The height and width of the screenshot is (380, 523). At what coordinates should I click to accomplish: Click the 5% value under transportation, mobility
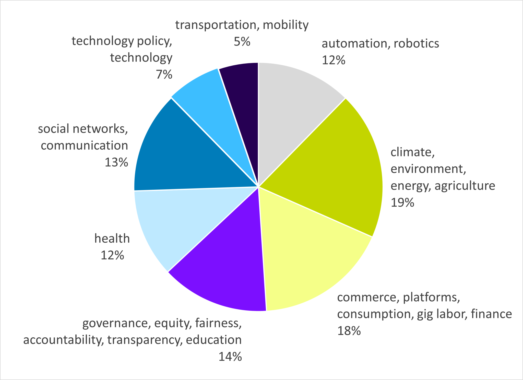[x=242, y=42]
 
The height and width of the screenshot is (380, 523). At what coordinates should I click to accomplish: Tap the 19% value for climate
[x=402, y=203]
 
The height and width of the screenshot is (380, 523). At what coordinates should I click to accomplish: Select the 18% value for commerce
[x=349, y=331]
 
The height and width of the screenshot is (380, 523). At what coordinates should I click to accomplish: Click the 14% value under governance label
[x=230, y=357]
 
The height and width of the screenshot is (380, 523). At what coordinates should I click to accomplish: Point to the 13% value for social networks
[x=116, y=162]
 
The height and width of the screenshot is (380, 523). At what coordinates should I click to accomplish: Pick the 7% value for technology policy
[x=164, y=75]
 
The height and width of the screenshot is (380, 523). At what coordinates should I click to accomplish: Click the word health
[x=112, y=239]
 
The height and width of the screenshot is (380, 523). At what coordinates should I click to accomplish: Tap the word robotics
[x=416, y=44]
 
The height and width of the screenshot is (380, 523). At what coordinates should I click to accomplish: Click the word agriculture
[x=465, y=186]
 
